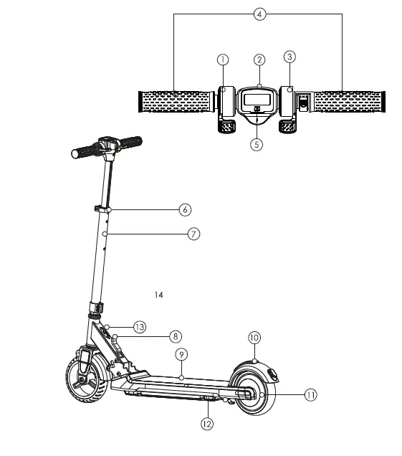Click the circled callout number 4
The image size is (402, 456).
click(x=259, y=14)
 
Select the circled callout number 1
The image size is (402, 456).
click(x=223, y=60)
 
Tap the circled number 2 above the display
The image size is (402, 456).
click(x=259, y=60)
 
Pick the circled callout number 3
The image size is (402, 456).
click(x=289, y=57)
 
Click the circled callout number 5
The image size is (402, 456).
click(x=257, y=145)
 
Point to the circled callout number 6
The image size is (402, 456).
click(x=185, y=209)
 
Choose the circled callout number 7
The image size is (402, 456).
click(x=194, y=234)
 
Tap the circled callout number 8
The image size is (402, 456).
click(x=176, y=336)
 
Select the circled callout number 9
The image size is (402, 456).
click(x=182, y=355)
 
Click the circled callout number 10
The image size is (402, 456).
click(x=254, y=338)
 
